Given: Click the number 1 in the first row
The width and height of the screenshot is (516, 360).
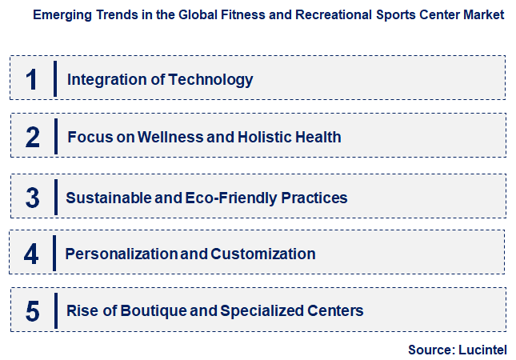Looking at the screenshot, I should [32, 78].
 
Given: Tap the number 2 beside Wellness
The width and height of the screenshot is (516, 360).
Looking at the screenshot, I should [32, 137].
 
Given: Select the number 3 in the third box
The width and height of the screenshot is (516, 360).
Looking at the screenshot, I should [32, 197].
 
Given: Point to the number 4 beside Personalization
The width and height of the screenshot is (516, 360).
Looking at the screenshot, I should [31, 254].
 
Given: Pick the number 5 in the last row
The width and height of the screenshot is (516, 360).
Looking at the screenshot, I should [32, 310].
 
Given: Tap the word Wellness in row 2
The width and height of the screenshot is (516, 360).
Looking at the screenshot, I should [170, 137].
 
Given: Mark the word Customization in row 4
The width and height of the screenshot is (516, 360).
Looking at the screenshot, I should [263, 254].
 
